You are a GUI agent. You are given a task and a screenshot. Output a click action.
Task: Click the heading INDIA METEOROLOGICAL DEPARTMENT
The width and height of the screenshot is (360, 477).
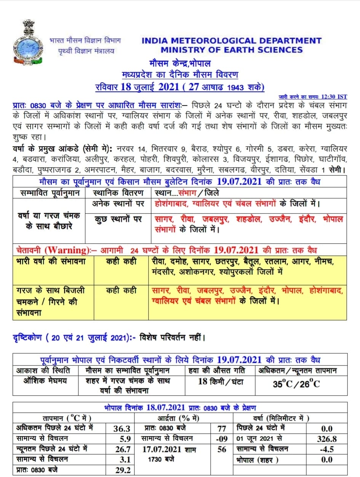[x=232, y=41]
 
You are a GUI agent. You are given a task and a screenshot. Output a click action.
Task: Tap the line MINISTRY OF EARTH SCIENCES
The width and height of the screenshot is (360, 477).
[x=232, y=50]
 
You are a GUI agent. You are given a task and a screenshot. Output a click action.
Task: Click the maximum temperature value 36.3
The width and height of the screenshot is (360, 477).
[x=122, y=429]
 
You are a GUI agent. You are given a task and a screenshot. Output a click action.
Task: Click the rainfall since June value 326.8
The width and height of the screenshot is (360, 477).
[x=327, y=439]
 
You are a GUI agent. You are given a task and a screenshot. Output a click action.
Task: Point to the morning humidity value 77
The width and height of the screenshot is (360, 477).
[x=222, y=429]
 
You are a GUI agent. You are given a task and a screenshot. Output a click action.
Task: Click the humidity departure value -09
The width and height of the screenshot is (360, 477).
[x=221, y=439]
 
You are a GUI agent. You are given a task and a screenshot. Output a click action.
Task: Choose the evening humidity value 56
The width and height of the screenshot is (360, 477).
[x=222, y=450]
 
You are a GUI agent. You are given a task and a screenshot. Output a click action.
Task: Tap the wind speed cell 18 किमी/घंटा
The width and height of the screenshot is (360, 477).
[x=220, y=381]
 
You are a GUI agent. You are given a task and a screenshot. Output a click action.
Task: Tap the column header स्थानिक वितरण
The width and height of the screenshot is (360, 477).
[x=119, y=193]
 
